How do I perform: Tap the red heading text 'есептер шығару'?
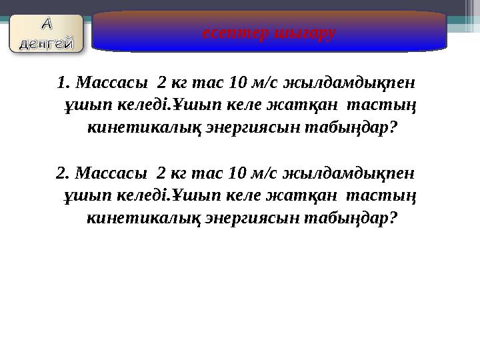pyautogui.click(x=269, y=32)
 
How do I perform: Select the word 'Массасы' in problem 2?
pyautogui.click(x=111, y=173)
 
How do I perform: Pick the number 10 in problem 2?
pyautogui.click(x=237, y=173)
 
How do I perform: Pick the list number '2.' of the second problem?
pyautogui.click(x=64, y=173)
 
